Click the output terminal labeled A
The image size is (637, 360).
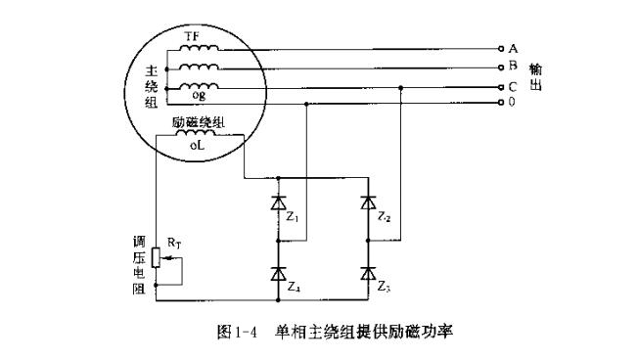[x=502, y=48]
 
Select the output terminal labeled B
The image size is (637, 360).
[x=502, y=67]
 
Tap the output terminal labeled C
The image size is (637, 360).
[x=502, y=86]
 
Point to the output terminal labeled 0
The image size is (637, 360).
[x=502, y=102]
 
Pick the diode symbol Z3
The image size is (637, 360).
[x=368, y=273]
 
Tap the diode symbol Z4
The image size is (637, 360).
[x=279, y=273]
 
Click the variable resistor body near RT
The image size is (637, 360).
[x=155, y=257]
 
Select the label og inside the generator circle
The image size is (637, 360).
[x=199, y=97]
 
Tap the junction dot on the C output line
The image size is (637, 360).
[x=401, y=86]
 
